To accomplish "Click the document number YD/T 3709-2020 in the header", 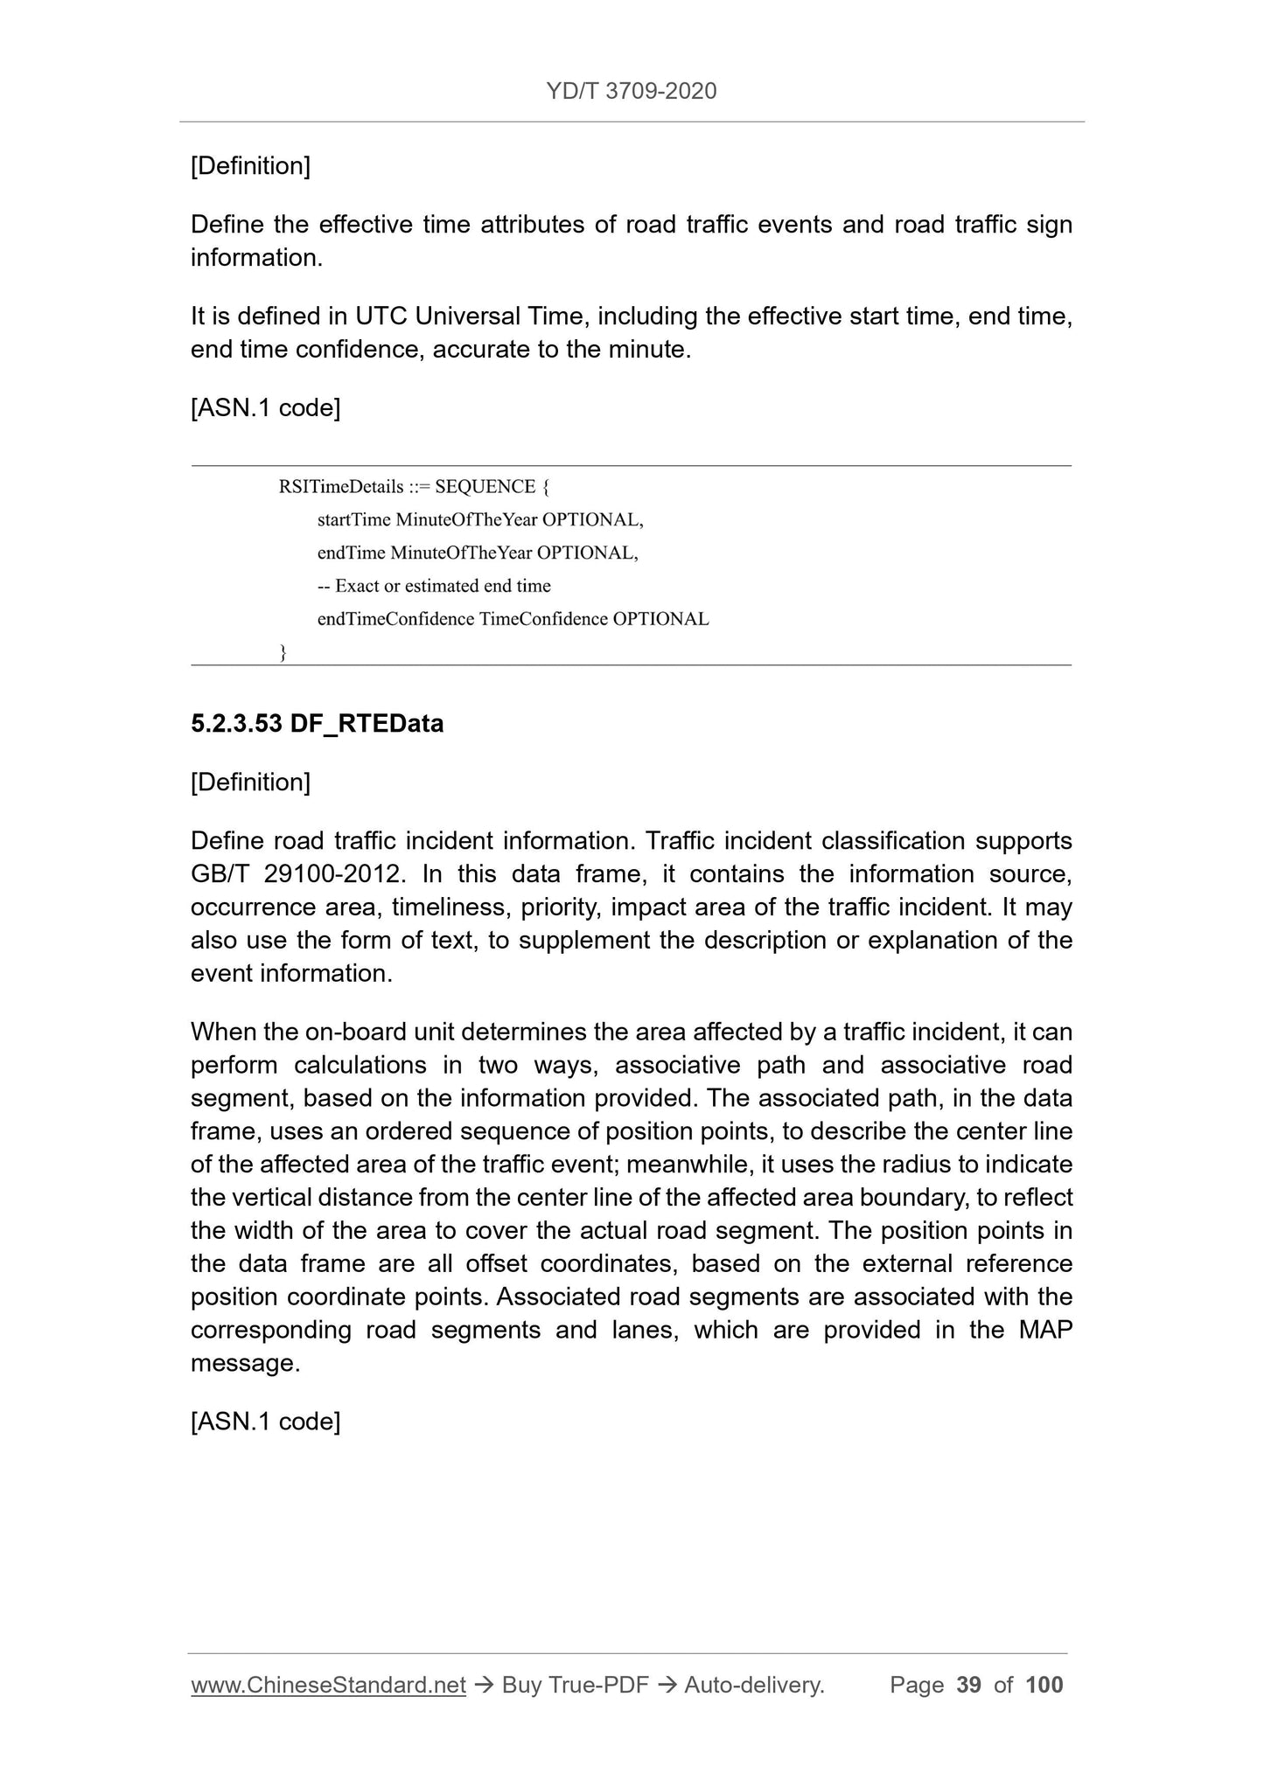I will click(631, 91).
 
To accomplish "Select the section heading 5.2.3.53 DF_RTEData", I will click(317, 724).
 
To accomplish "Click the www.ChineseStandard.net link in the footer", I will click(328, 1685).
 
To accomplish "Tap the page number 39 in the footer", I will click(968, 1685).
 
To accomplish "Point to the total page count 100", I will click(1044, 1685).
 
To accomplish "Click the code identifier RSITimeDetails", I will click(341, 486).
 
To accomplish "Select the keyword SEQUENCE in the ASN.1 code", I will click(485, 486).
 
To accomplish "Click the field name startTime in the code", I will click(353, 519).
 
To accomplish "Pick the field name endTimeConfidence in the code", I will click(395, 619).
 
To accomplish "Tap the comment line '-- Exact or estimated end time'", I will click(434, 586).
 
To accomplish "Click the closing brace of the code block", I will click(283, 651).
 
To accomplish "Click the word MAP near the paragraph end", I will click(1045, 1330).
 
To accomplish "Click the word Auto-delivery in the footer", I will click(754, 1685).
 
